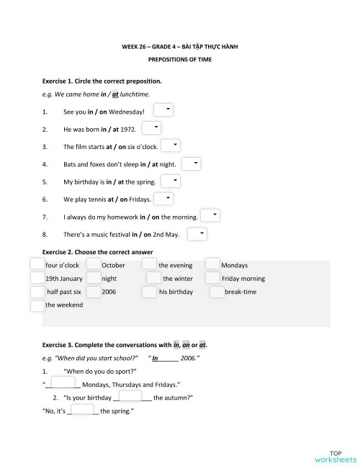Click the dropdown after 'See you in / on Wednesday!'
coord(164,109)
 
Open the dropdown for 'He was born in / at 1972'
coord(151,127)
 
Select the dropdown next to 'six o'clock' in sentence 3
coord(171,145)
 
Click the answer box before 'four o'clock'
coord(37,264)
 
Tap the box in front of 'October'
coord(94,264)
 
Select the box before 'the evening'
coord(149,264)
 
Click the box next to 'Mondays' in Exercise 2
coord(212,264)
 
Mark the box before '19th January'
coord(37,278)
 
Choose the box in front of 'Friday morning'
coord(212,278)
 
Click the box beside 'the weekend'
coord(37,305)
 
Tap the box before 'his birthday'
coord(149,292)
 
